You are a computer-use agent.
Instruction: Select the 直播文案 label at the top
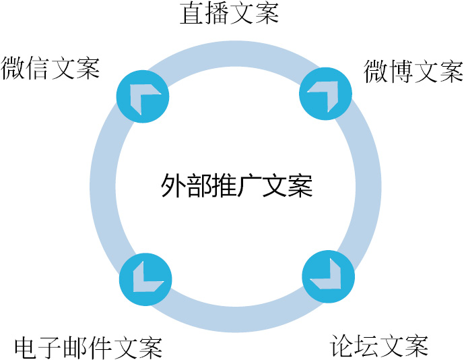(229, 13)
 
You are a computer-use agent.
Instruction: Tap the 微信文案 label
(51, 68)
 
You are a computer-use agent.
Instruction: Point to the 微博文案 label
(413, 71)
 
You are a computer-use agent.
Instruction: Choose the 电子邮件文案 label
(88, 347)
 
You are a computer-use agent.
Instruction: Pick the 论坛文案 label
(379, 346)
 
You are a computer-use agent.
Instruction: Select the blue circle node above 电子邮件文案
(145, 278)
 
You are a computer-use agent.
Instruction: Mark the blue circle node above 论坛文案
(328, 277)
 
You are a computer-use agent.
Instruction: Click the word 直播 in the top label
(204, 13)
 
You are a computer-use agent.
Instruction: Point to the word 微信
(26, 68)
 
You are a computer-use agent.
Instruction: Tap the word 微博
(389, 71)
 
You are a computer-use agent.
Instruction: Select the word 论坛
(354, 346)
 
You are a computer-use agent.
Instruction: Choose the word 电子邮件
(63, 347)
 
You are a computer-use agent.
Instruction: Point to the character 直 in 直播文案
(192, 13)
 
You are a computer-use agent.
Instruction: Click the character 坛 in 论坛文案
(367, 346)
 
